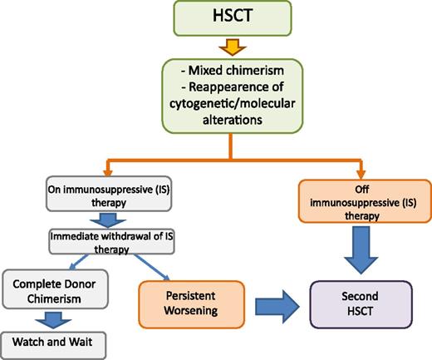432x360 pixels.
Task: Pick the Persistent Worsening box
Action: pyautogui.click(x=194, y=301)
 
